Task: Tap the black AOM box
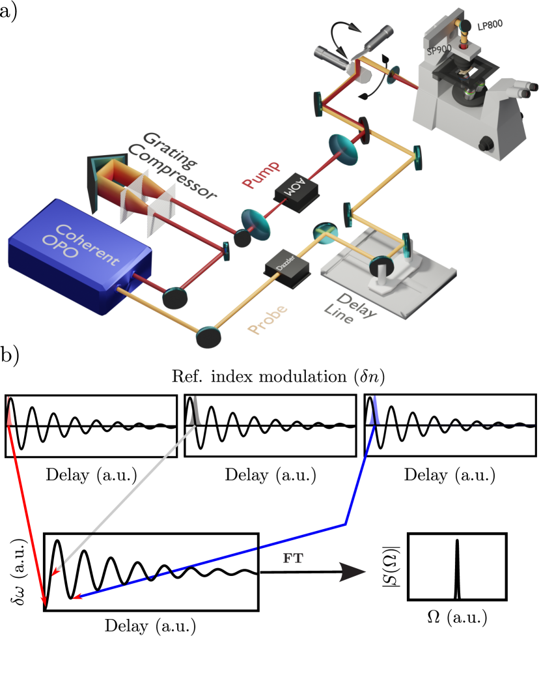297,190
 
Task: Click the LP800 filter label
490,26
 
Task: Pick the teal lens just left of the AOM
256,222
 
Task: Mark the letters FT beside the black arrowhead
293,558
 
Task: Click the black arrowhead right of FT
352,572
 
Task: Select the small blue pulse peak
374,413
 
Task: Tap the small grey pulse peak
194,413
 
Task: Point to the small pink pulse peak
9,413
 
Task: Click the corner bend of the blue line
345,523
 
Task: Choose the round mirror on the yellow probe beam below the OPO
208,338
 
